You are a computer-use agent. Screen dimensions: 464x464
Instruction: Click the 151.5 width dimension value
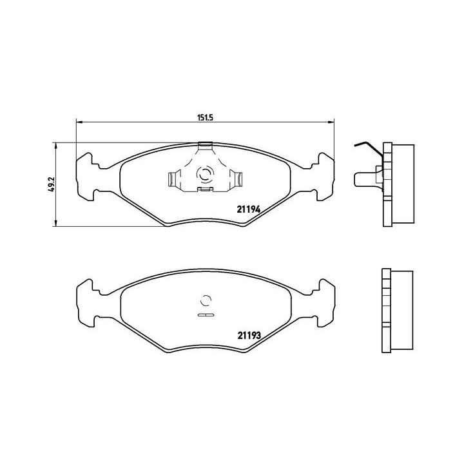205,117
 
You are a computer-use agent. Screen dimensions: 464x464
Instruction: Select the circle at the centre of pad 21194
206,175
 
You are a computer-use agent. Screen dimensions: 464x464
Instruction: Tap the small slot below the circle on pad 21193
206,315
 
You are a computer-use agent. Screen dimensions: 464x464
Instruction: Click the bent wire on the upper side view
365,150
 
